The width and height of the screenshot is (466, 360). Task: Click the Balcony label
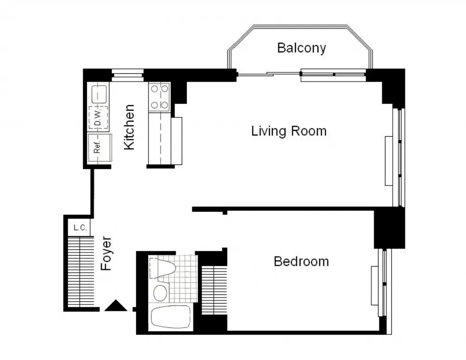point(301,48)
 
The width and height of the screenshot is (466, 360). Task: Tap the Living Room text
point(288,131)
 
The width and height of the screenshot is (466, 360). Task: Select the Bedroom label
point(301,261)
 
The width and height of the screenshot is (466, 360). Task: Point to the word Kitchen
point(129,127)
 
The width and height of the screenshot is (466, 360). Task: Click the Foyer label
point(107,253)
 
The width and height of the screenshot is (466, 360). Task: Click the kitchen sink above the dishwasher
point(99,94)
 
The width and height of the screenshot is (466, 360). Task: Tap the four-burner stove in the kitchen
point(158,97)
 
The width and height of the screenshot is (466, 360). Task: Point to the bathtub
point(171,318)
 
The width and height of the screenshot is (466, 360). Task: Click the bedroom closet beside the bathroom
point(213,289)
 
